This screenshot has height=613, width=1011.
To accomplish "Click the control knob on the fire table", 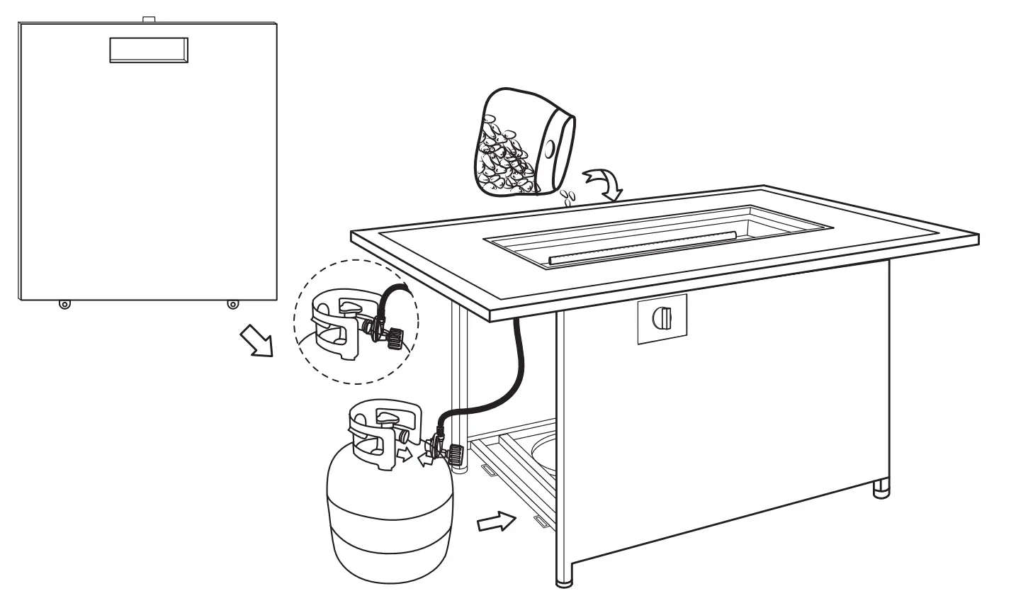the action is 662,318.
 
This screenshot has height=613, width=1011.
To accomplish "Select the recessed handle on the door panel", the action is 149,50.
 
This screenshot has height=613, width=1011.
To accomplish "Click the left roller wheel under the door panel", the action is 64,304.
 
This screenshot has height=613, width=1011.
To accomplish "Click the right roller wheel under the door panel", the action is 232,304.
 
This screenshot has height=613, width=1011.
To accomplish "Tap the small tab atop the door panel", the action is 148,19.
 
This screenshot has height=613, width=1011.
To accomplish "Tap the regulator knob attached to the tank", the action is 453,453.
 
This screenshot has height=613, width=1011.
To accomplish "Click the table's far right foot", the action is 881,488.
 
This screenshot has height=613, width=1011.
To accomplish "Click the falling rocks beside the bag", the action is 567,196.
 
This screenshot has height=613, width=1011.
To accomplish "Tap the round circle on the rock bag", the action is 550,150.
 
